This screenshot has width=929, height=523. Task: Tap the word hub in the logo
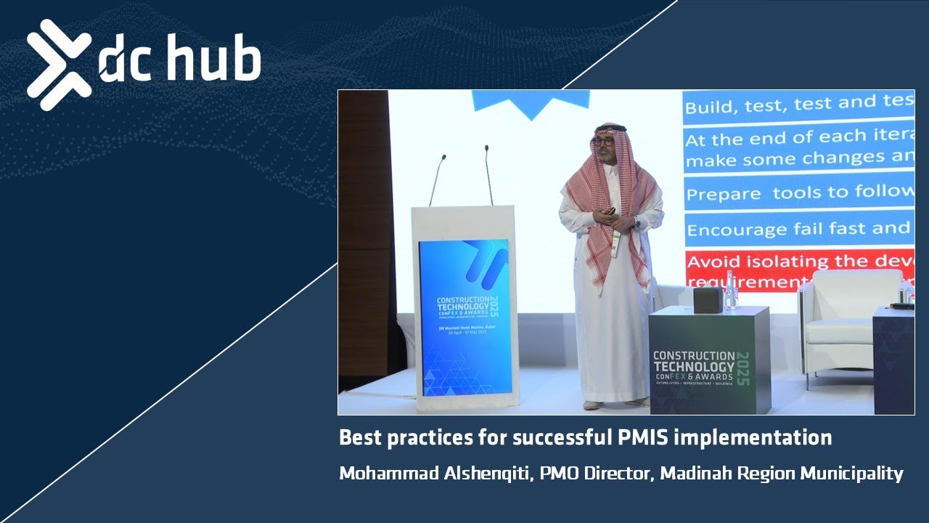[x=213, y=61]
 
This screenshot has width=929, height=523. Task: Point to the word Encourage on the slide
[x=737, y=230]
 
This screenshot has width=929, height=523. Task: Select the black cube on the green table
[x=709, y=298]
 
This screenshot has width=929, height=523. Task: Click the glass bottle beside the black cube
[x=730, y=290]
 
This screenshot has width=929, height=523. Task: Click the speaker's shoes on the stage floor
[x=617, y=403]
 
